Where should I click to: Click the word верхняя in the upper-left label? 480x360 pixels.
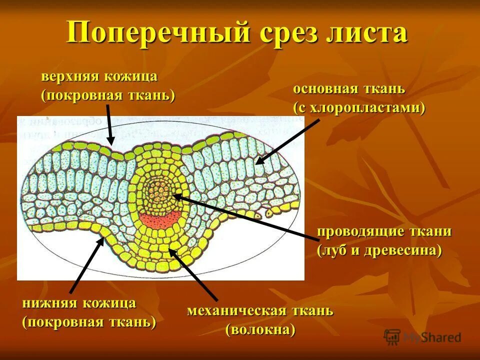(70, 77)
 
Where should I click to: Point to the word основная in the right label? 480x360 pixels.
(324, 89)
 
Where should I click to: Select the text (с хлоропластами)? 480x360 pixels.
(359, 108)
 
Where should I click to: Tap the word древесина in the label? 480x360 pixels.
(404, 249)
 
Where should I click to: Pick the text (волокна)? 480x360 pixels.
(260, 329)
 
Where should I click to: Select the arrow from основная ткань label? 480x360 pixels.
(287, 142)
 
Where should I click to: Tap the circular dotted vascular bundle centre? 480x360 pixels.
(158, 192)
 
